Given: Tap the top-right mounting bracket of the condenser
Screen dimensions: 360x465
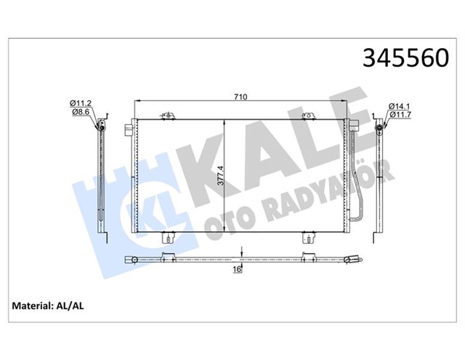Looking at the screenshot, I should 308,115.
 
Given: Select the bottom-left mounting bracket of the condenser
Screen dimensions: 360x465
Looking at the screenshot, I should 169,236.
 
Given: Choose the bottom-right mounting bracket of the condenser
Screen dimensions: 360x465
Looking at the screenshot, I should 308,236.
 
